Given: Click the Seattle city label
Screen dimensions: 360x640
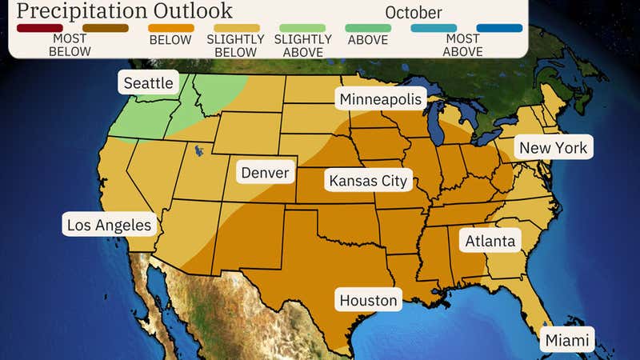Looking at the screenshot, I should pyautogui.click(x=148, y=84).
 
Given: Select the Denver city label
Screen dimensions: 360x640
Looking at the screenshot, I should pyautogui.click(x=265, y=173).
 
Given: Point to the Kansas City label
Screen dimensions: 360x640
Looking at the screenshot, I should pyautogui.click(x=368, y=180).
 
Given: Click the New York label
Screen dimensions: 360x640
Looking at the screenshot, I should pyautogui.click(x=553, y=148).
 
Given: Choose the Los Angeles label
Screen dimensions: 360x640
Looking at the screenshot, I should pyautogui.click(x=109, y=225).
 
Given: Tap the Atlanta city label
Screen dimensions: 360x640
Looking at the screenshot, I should pyautogui.click(x=490, y=240).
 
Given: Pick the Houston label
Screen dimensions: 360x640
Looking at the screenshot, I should pyautogui.click(x=368, y=301).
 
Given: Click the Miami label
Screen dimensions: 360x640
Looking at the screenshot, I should pyautogui.click(x=567, y=341).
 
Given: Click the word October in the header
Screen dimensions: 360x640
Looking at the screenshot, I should pyautogui.click(x=413, y=13).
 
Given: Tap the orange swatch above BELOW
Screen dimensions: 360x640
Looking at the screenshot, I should pyautogui.click(x=170, y=28).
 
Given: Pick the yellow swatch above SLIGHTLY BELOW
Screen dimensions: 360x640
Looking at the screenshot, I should pyautogui.click(x=235, y=28).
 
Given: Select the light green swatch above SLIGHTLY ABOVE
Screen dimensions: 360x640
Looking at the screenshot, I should pyautogui.click(x=301, y=28).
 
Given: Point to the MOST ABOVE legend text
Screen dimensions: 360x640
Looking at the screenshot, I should pyautogui.click(x=464, y=46).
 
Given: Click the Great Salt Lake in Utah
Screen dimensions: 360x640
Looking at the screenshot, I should pyautogui.click(x=195, y=150).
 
